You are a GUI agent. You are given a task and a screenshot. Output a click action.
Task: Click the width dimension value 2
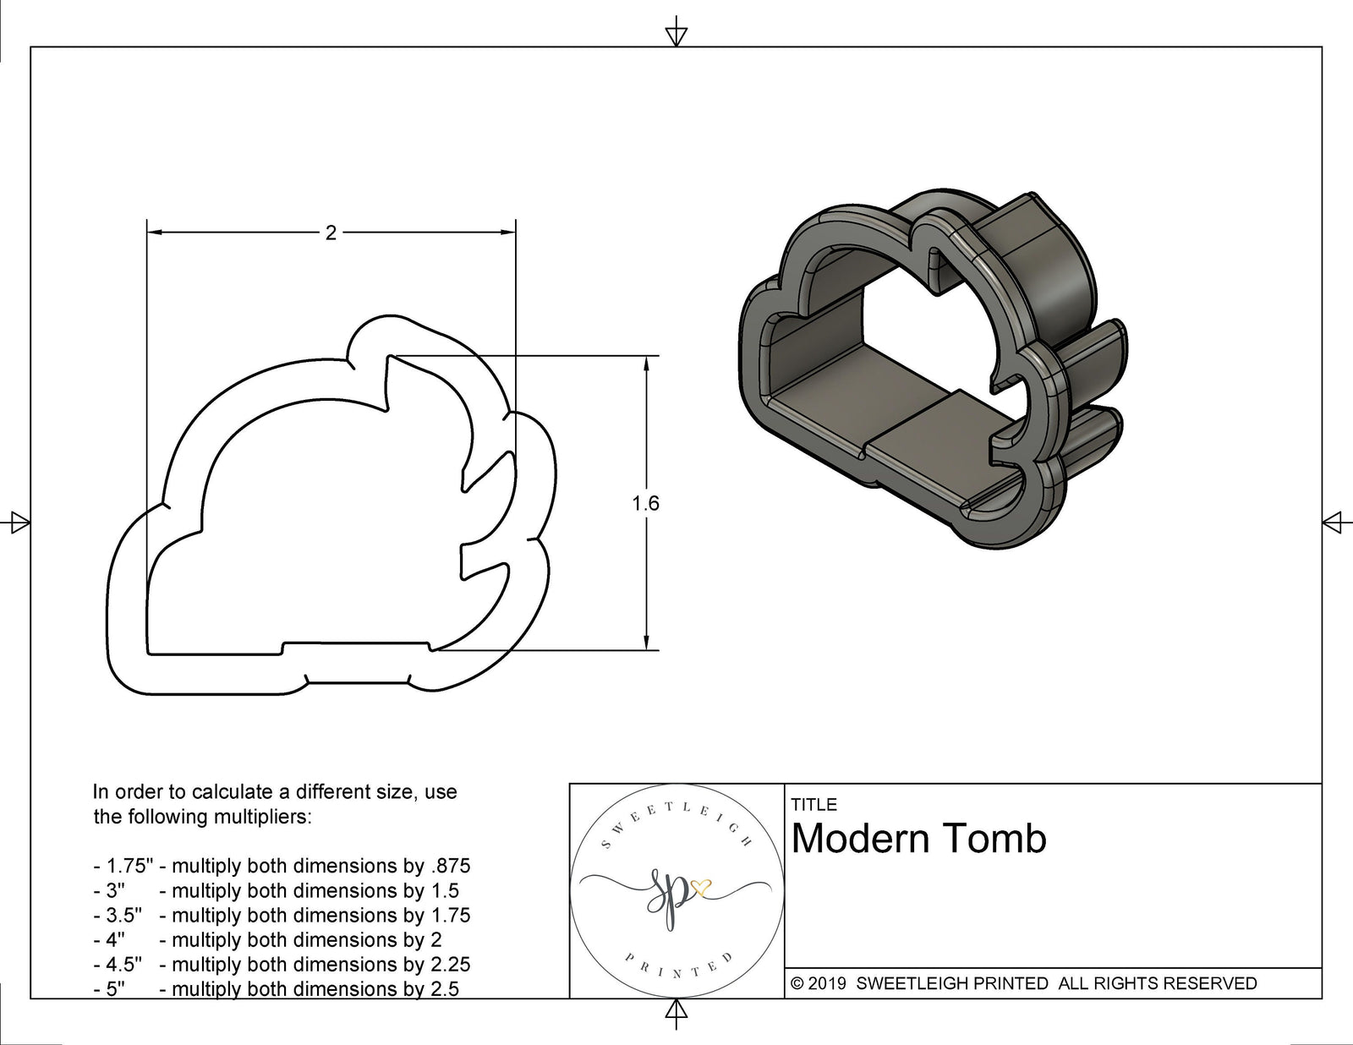pyautogui.click(x=331, y=233)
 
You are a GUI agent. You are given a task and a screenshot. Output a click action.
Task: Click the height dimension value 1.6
pyautogui.click(x=645, y=504)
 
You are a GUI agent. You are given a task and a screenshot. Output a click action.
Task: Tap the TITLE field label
pyautogui.click(x=813, y=804)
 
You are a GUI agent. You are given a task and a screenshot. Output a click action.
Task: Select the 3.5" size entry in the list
pyautogui.click(x=123, y=915)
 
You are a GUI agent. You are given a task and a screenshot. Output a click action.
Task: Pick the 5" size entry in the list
pyautogui.click(x=114, y=988)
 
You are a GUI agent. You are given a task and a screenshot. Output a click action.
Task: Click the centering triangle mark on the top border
pyautogui.click(x=676, y=36)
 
